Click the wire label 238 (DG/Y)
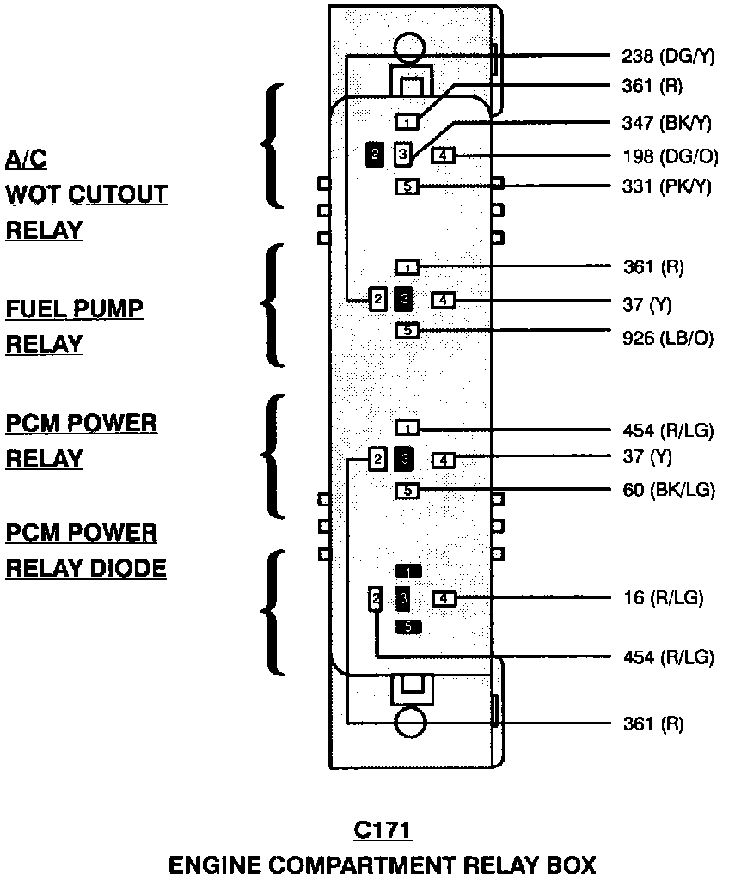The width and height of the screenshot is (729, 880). tap(667, 58)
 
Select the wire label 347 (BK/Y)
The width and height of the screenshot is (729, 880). tap(667, 123)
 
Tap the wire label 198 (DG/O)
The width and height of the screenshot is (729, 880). tap(667, 156)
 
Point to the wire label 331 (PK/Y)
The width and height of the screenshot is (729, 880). tap(667, 186)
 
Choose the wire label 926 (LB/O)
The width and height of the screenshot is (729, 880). tap(668, 338)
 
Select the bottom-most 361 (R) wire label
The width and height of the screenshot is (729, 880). tap(653, 724)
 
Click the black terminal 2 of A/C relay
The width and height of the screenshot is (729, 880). tap(375, 154)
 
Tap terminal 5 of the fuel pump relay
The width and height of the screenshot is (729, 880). tap(407, 330)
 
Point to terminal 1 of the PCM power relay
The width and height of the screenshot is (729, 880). tap(407, 427)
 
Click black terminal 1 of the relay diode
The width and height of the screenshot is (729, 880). tap(407, 571)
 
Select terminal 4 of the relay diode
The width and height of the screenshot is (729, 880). tap(443, 598)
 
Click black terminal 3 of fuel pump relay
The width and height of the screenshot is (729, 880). tap(404, 299)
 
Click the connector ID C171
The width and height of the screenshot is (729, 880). tap(382, 831)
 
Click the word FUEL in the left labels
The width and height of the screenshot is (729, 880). tap(40, 309)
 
